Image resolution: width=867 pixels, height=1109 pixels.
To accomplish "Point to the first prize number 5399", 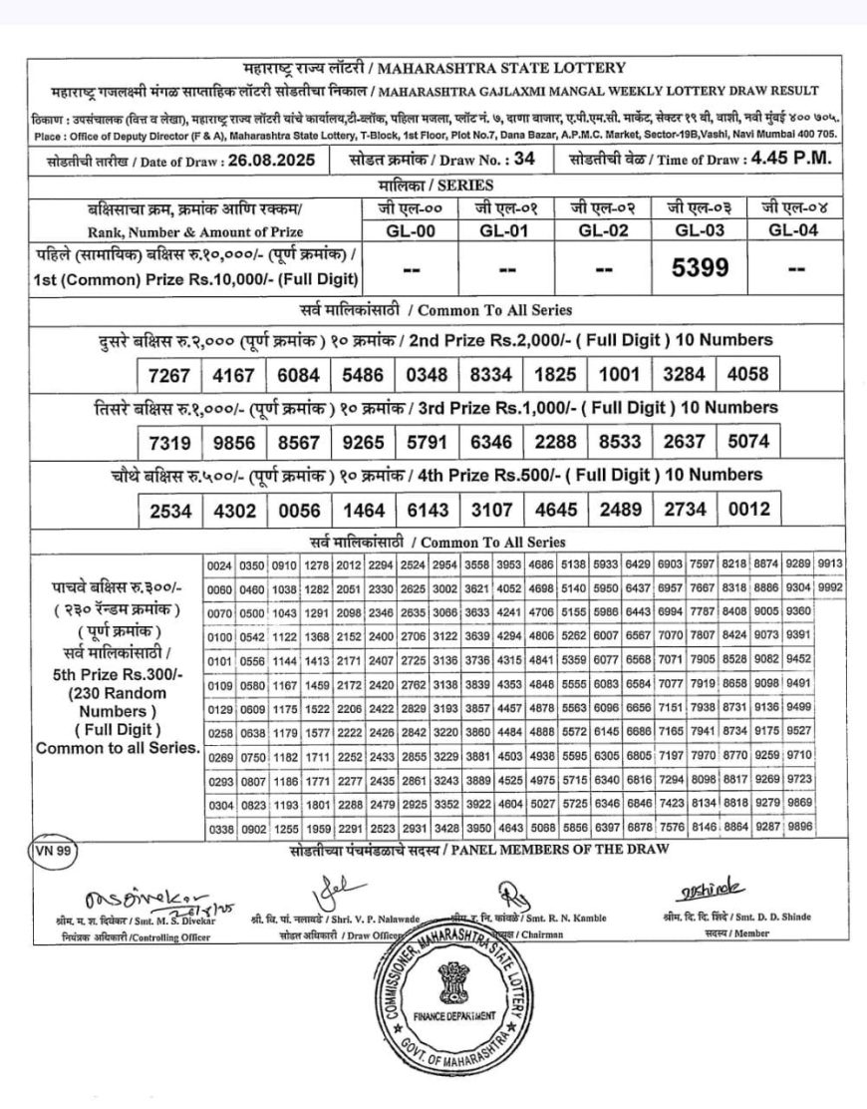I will click(701, 267).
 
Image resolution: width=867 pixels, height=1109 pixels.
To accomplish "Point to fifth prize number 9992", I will click(829, 588).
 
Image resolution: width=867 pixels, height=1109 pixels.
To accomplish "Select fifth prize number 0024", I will click(219, 566).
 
